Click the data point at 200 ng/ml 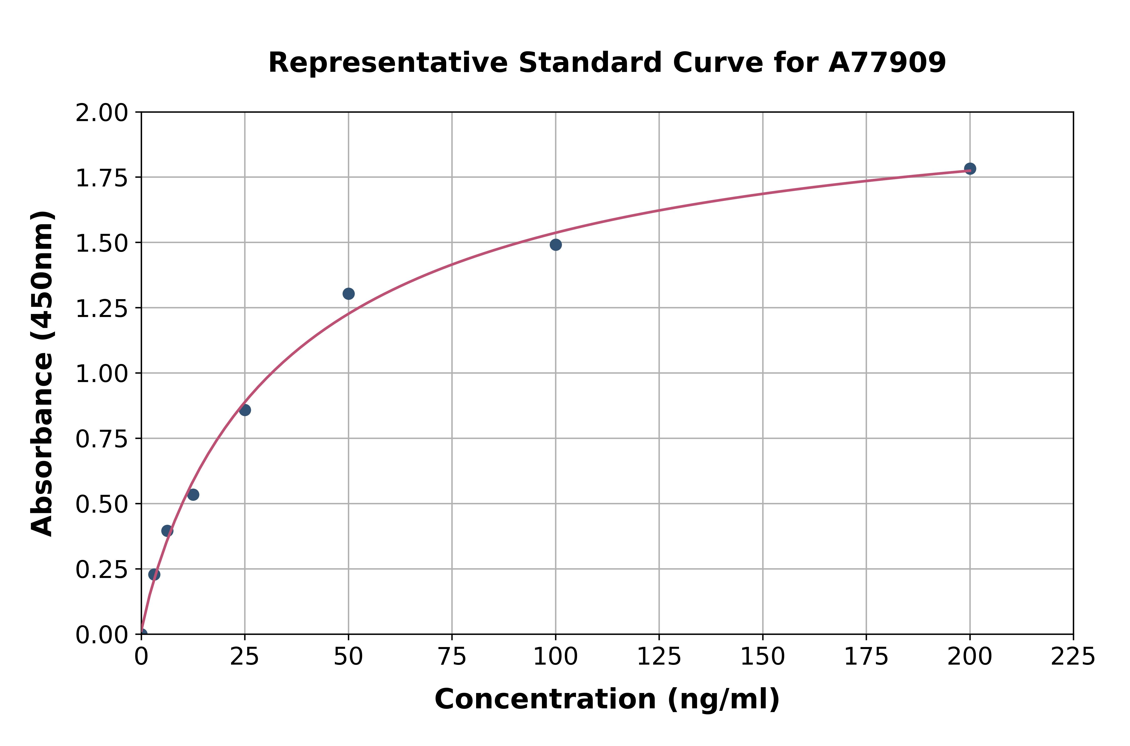(970, 169)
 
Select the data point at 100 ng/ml (555, 245)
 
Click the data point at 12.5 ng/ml (193, 495)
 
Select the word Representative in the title (388, 63)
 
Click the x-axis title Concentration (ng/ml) (607, 700)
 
